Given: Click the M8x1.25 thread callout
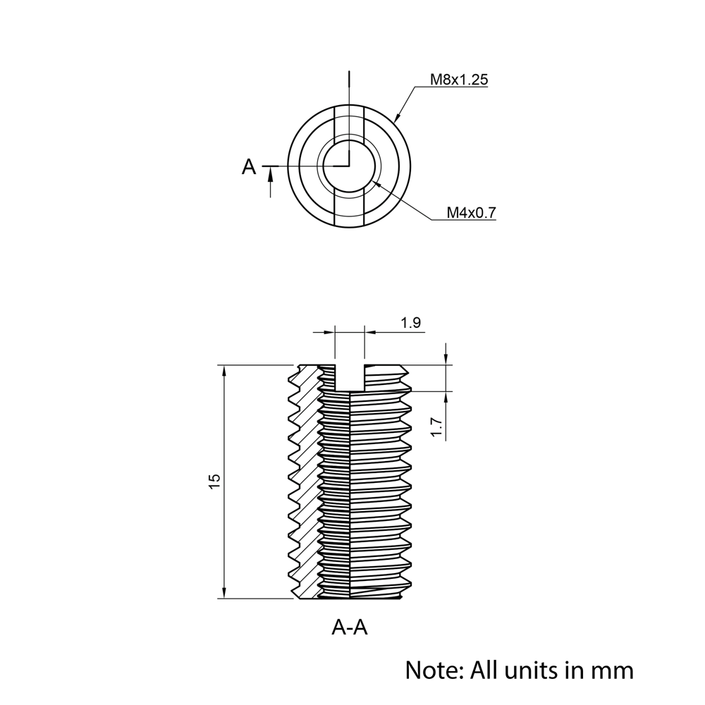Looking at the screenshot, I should [x=459, y=80].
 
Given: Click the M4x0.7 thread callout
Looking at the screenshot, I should [x=472, y=212].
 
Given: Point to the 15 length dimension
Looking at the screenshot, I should [x=215, y=482].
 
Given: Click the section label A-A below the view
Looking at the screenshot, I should [x=350, y=627].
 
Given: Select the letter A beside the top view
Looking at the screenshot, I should [x=249, y=167].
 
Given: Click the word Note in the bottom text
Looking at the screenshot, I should [x=430, y=669].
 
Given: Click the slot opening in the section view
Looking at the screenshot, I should [x=350, y=377].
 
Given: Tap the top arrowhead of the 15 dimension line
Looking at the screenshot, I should [x=223, y=370].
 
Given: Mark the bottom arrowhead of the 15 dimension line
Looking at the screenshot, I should [x=223, y=594].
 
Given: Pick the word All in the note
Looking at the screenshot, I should [x=484, y=669].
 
